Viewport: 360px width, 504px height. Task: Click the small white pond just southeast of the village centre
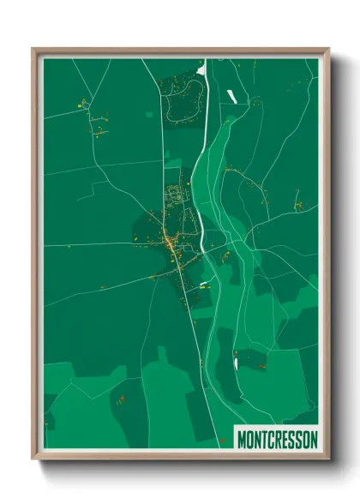(x=204, y=285)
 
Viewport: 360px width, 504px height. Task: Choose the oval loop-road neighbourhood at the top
(x=180, y=103)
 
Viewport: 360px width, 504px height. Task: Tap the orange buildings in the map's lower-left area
(x=121, y=399)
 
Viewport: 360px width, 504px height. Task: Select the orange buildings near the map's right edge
(x=299, y=207)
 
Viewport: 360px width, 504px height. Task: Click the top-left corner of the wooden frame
(x=33, y=49)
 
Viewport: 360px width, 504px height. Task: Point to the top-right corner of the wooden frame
(x=328, y=49)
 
